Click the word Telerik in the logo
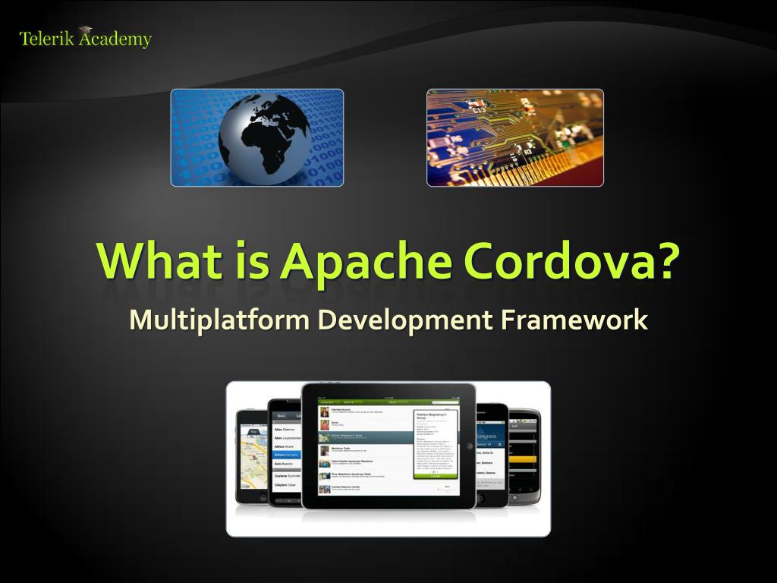click(46, 39)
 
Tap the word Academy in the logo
click(115, 39)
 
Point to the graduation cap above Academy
click(86, 30)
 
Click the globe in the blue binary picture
click(264, 137)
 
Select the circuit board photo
click(514, 137)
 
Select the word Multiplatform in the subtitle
click(219, 320)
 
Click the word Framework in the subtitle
click(574, 320)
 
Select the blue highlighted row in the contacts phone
click(287, 454)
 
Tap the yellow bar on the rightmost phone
click(524, 459)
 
